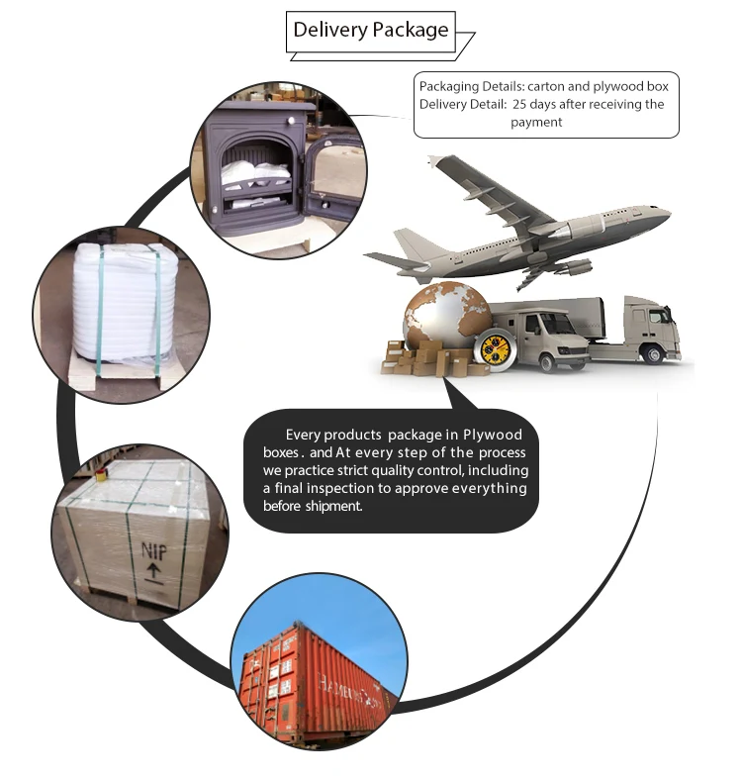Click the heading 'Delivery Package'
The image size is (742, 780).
pos(370,30)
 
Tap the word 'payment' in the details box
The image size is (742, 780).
pos(536,122)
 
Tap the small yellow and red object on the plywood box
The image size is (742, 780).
pos(100,474)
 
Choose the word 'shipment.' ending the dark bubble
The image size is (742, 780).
pos(333,506)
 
